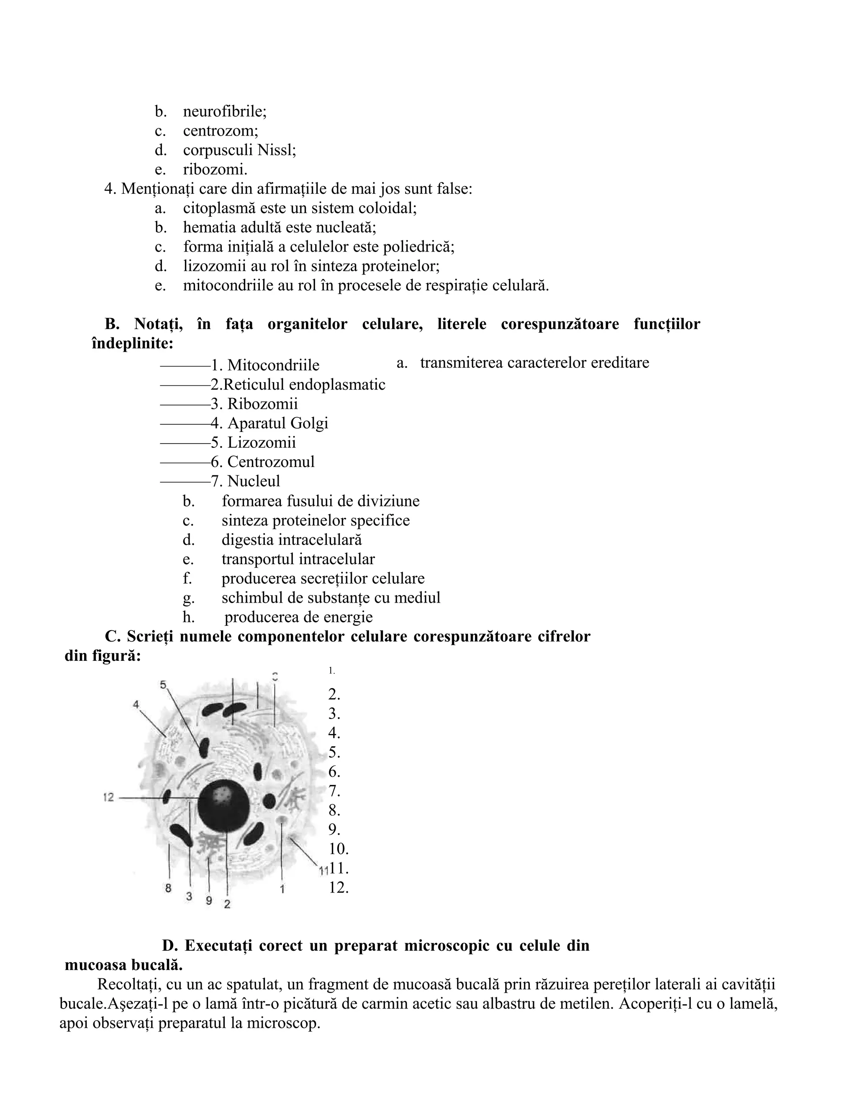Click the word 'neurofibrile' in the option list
click(x=224, y=111)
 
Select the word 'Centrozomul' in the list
click(x=271, y=462)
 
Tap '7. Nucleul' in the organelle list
click(x=246, y=481)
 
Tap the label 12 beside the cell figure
click(x=108, y=798)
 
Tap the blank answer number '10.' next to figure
click(x=338, y=849)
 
